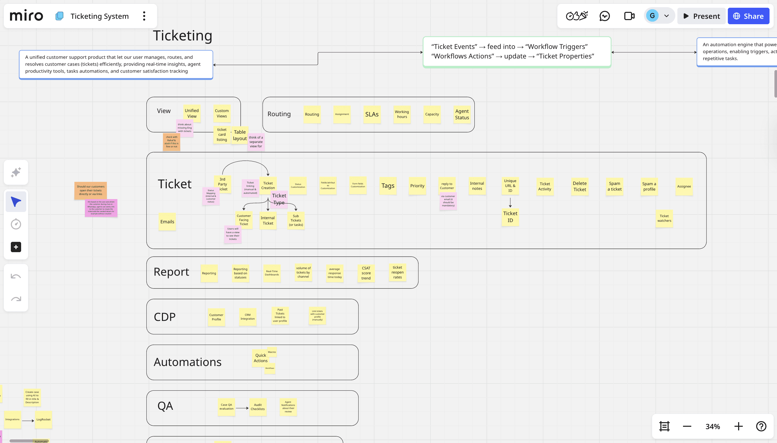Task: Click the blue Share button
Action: (x=748, y=16)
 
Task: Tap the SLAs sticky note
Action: (x=372, y=114)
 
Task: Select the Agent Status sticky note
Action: (x=462, y=114)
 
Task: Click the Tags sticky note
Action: (x=388, y=186)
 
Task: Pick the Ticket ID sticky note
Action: (x=510, y=217)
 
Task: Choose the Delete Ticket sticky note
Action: (x=579, y=186)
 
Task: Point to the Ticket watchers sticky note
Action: (x=664, y=218)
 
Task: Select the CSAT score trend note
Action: (x=366, y=273)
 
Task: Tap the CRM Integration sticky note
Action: (x=248, y=317)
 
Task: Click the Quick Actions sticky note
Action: (x=260, y=358)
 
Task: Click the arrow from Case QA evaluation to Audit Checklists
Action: (x=242, y=408)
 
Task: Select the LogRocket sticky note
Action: (x=44, y=419)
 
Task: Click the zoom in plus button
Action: (x=738, y=426)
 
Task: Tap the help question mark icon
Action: (x=761, y=426)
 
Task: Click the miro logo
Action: (x=27, y=16)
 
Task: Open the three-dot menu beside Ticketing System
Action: (x=144, y=16)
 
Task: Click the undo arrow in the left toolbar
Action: (x=16, y=276)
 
